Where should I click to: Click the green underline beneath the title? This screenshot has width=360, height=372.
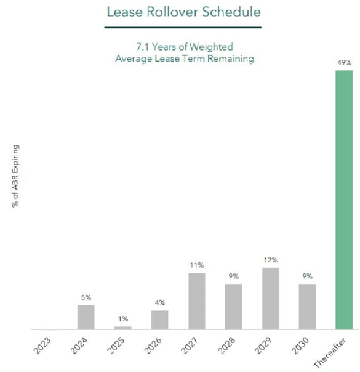tap(178, 28)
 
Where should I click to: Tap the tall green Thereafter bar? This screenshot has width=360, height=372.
tap(343, 200)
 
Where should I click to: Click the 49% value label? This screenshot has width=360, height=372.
tap(343, 62)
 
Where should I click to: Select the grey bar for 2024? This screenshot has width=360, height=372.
tap(86, 317)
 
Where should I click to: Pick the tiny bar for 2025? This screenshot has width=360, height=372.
tap(123, 328)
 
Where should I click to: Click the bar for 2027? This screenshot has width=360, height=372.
tap(196, 301)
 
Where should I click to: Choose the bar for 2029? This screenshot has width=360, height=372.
tap(270, 299)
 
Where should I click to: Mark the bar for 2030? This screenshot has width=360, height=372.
tap(306, 307)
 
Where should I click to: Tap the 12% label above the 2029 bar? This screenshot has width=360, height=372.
tap(270, 260)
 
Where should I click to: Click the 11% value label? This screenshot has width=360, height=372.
tap(196, 265)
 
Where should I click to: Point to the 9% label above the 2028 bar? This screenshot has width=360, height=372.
tap(233, 277)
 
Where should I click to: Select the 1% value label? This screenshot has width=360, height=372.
tap(123, 319)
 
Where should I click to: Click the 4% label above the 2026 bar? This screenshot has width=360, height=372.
tap(159, 303)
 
